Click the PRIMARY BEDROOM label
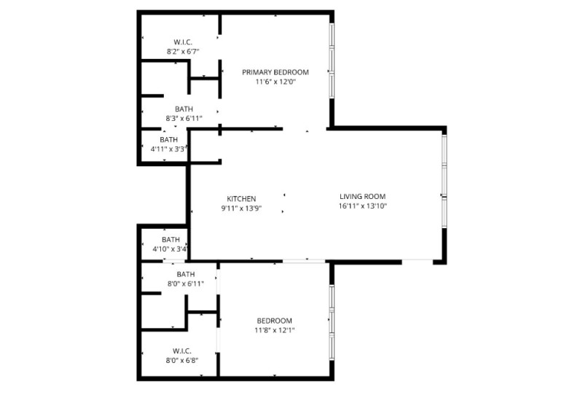coord(275,72)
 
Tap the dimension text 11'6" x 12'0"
coord(275,82)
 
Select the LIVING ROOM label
coord(362,196)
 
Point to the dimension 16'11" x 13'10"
coord(362,206)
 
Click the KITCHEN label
coord(241,198)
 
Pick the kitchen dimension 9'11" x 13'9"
coord(241,208)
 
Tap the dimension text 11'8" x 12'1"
coord(275,330)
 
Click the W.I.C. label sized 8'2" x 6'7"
coord(182,42)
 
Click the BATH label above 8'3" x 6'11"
coord(184,109)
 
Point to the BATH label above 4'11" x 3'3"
coord(168,140)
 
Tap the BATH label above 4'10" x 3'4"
coord(171,239)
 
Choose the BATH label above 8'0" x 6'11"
coord(185,274)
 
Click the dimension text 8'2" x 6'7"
coord(182,52)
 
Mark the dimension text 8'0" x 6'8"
coord(182,359)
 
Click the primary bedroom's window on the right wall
coord(332,61)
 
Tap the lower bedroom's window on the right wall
coord(332,321)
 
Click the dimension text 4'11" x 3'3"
coord(168,149)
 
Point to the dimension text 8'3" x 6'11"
coord(184,118)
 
